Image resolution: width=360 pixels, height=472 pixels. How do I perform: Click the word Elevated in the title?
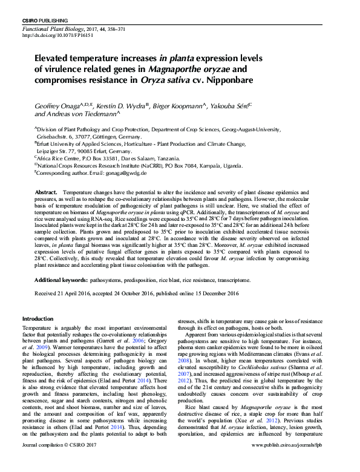pos(55,59)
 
